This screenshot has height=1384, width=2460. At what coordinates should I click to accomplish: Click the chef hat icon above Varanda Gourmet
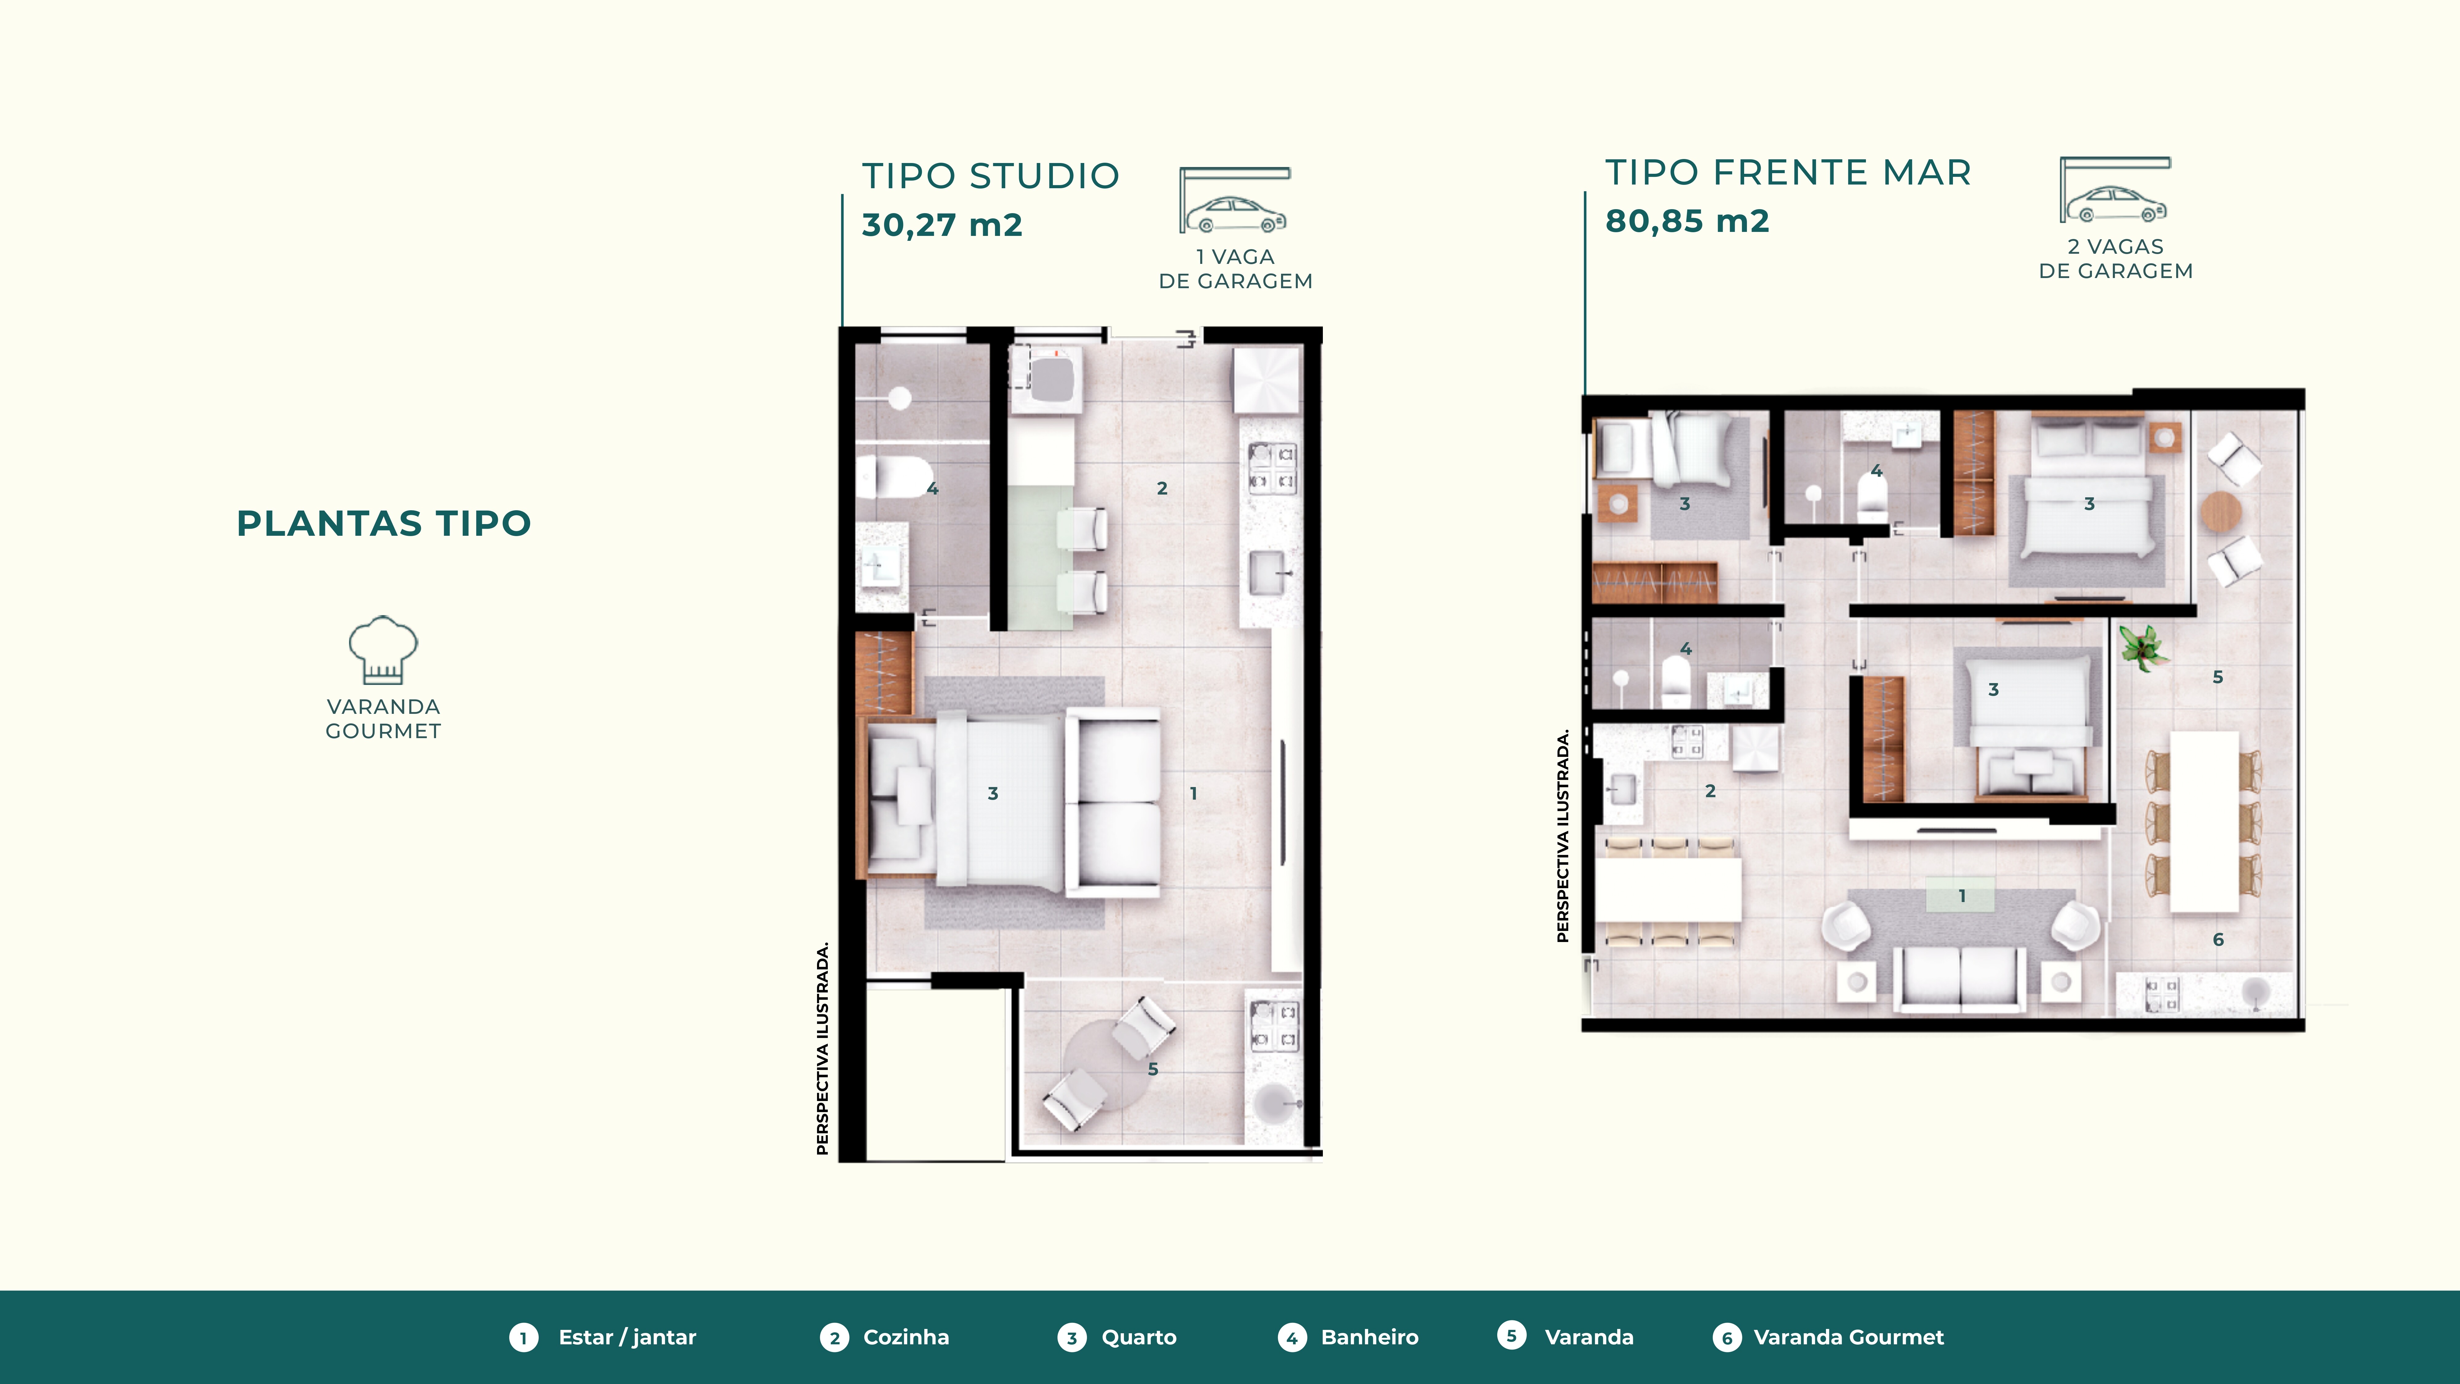coord(383,650)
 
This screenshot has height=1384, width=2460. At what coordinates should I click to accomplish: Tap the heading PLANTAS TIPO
coord(384,523)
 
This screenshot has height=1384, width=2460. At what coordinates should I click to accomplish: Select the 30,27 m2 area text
coord(942,225)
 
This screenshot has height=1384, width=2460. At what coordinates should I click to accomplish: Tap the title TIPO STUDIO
coord(990,176)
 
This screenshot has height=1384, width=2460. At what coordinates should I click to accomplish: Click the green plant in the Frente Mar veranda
coord(2143,646)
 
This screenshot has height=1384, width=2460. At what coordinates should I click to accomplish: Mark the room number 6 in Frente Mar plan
coord(2218,940)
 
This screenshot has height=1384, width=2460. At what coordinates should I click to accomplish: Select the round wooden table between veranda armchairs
coord(2221,512)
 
